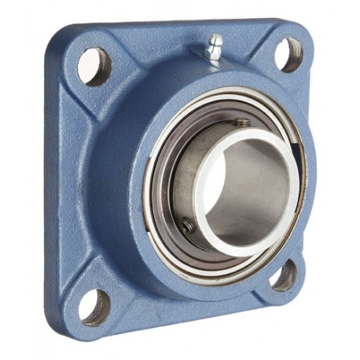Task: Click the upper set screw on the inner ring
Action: (x=242, y=123)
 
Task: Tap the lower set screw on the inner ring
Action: (x=187, y=226)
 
